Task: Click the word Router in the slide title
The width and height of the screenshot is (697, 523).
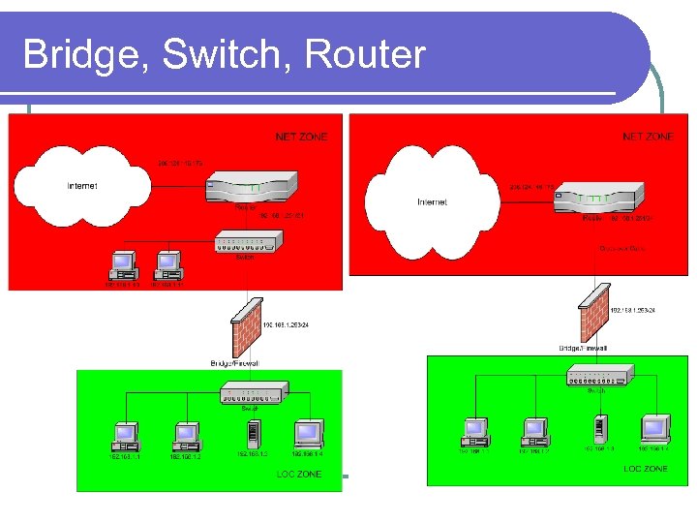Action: point(365,54)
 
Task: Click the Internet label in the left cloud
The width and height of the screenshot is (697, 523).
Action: point(81,185)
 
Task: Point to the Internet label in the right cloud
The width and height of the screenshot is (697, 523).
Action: point(432,201)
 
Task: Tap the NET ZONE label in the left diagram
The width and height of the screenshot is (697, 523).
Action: point(301,138)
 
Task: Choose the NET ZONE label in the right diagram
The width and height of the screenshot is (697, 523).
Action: point(648,138)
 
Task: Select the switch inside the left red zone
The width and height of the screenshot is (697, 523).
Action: point(247,244)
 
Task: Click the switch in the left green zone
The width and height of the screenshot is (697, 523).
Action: point(252,392)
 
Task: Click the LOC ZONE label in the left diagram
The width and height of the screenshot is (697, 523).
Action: point(299,474)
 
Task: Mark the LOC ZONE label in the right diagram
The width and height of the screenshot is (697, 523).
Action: point(645,469)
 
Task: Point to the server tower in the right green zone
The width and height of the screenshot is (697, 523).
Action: point(598,428)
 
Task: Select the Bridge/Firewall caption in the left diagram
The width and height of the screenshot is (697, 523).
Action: point(234,363)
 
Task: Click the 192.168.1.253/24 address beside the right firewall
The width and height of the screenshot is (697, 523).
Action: point(633,311)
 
